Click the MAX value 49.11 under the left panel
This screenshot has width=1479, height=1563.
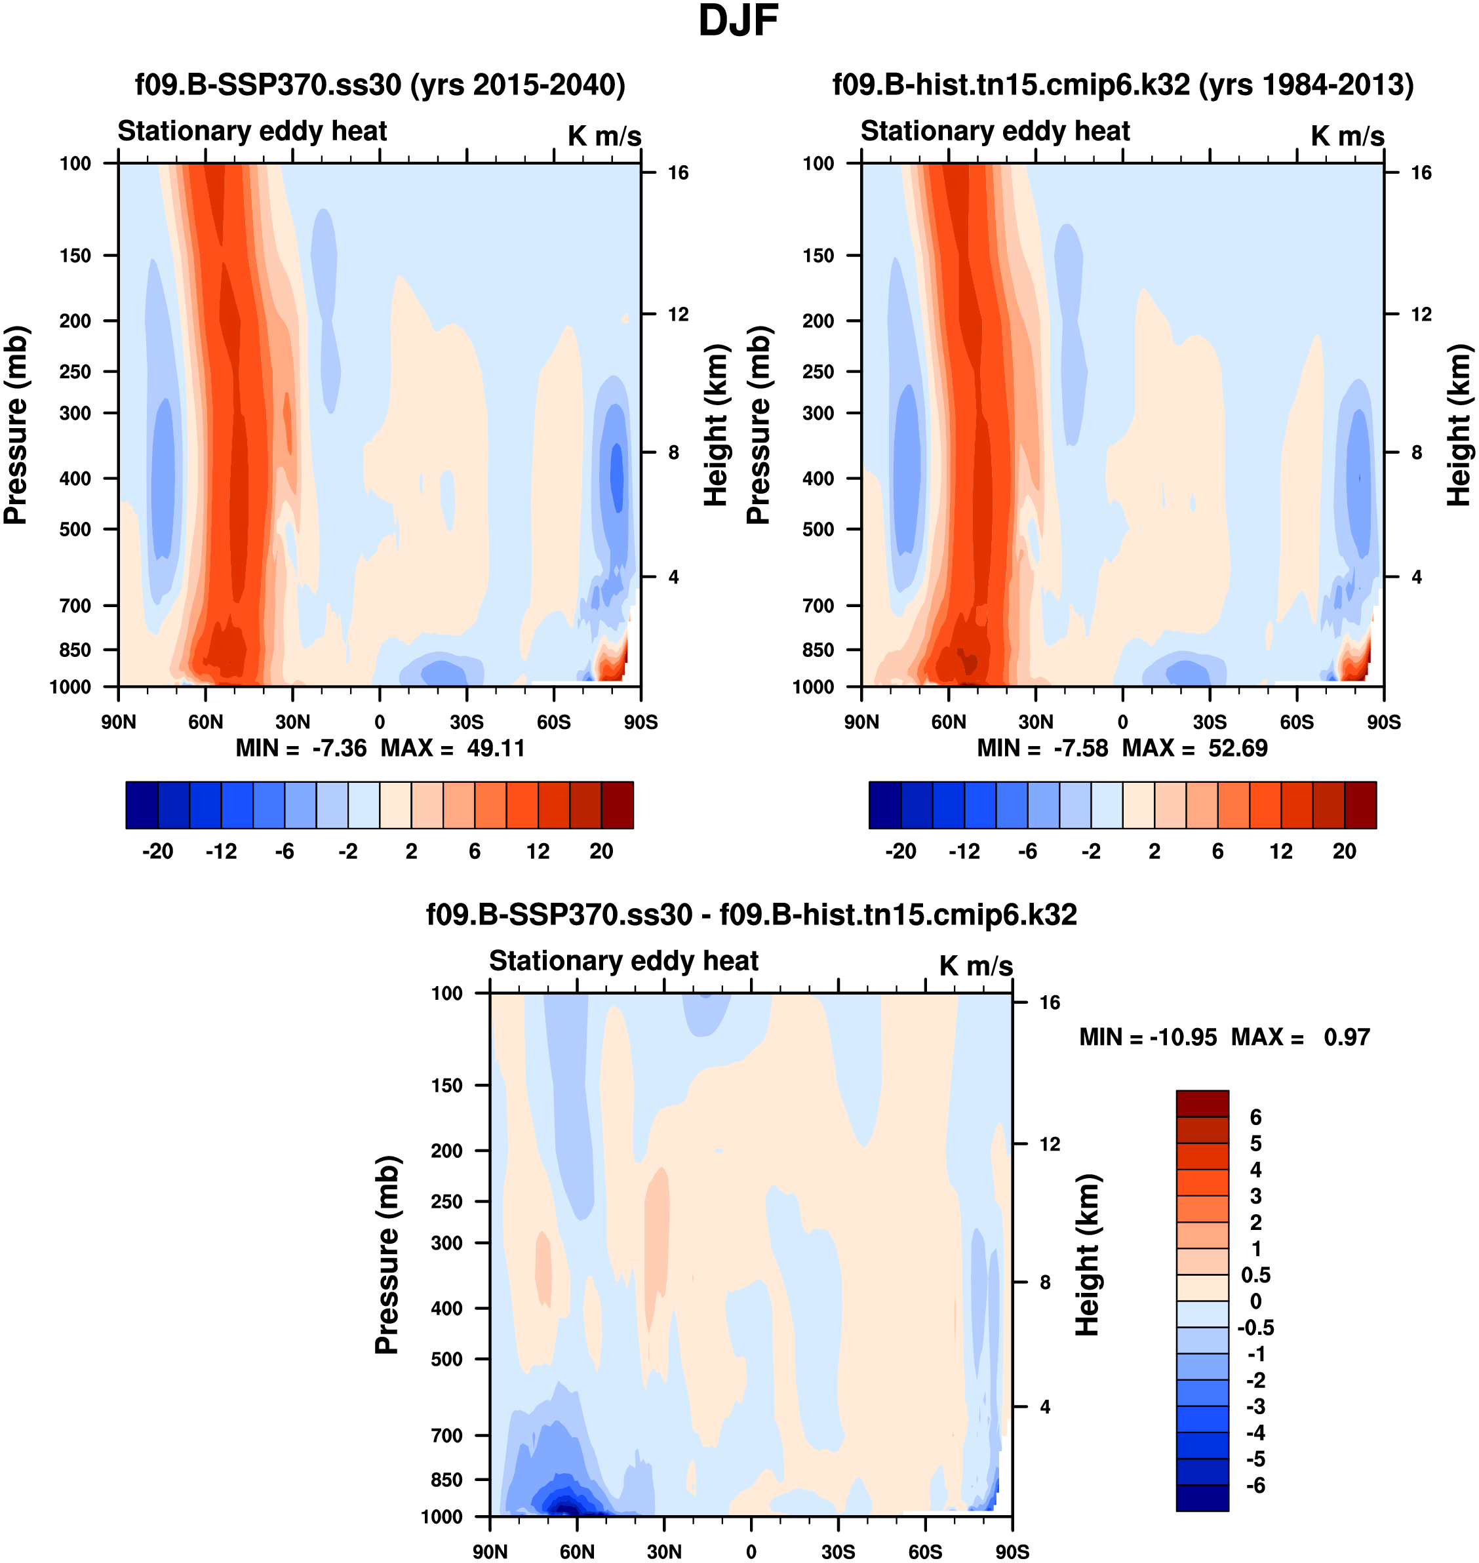click(495, 747)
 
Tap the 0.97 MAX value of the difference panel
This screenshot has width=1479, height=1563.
click(1347, 1037)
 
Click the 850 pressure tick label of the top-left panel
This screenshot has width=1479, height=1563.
click(75, 650)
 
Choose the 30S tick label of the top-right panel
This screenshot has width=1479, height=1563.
click(1210, 722)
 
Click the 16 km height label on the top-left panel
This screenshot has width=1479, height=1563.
click(678, 172)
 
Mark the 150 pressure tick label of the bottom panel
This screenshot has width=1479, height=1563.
click(446, 1085)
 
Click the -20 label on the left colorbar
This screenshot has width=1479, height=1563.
click(158, 851)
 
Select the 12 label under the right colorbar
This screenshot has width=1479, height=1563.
click(1281, 851)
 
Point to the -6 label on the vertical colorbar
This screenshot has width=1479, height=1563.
click(1255, 1486)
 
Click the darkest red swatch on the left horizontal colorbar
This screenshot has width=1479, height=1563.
click(618, 805)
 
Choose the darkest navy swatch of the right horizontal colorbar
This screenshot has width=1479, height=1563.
click(884, 805)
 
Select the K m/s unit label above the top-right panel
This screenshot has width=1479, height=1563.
click(1347, 136)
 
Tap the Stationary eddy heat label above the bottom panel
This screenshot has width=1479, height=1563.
click(623, 960)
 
